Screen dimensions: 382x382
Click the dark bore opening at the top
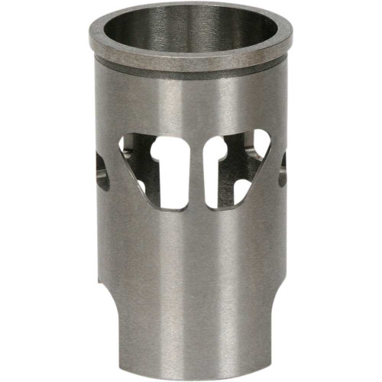(191, 31)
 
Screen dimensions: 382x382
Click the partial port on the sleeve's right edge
(282, 168)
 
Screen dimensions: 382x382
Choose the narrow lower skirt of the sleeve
(191, 336)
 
